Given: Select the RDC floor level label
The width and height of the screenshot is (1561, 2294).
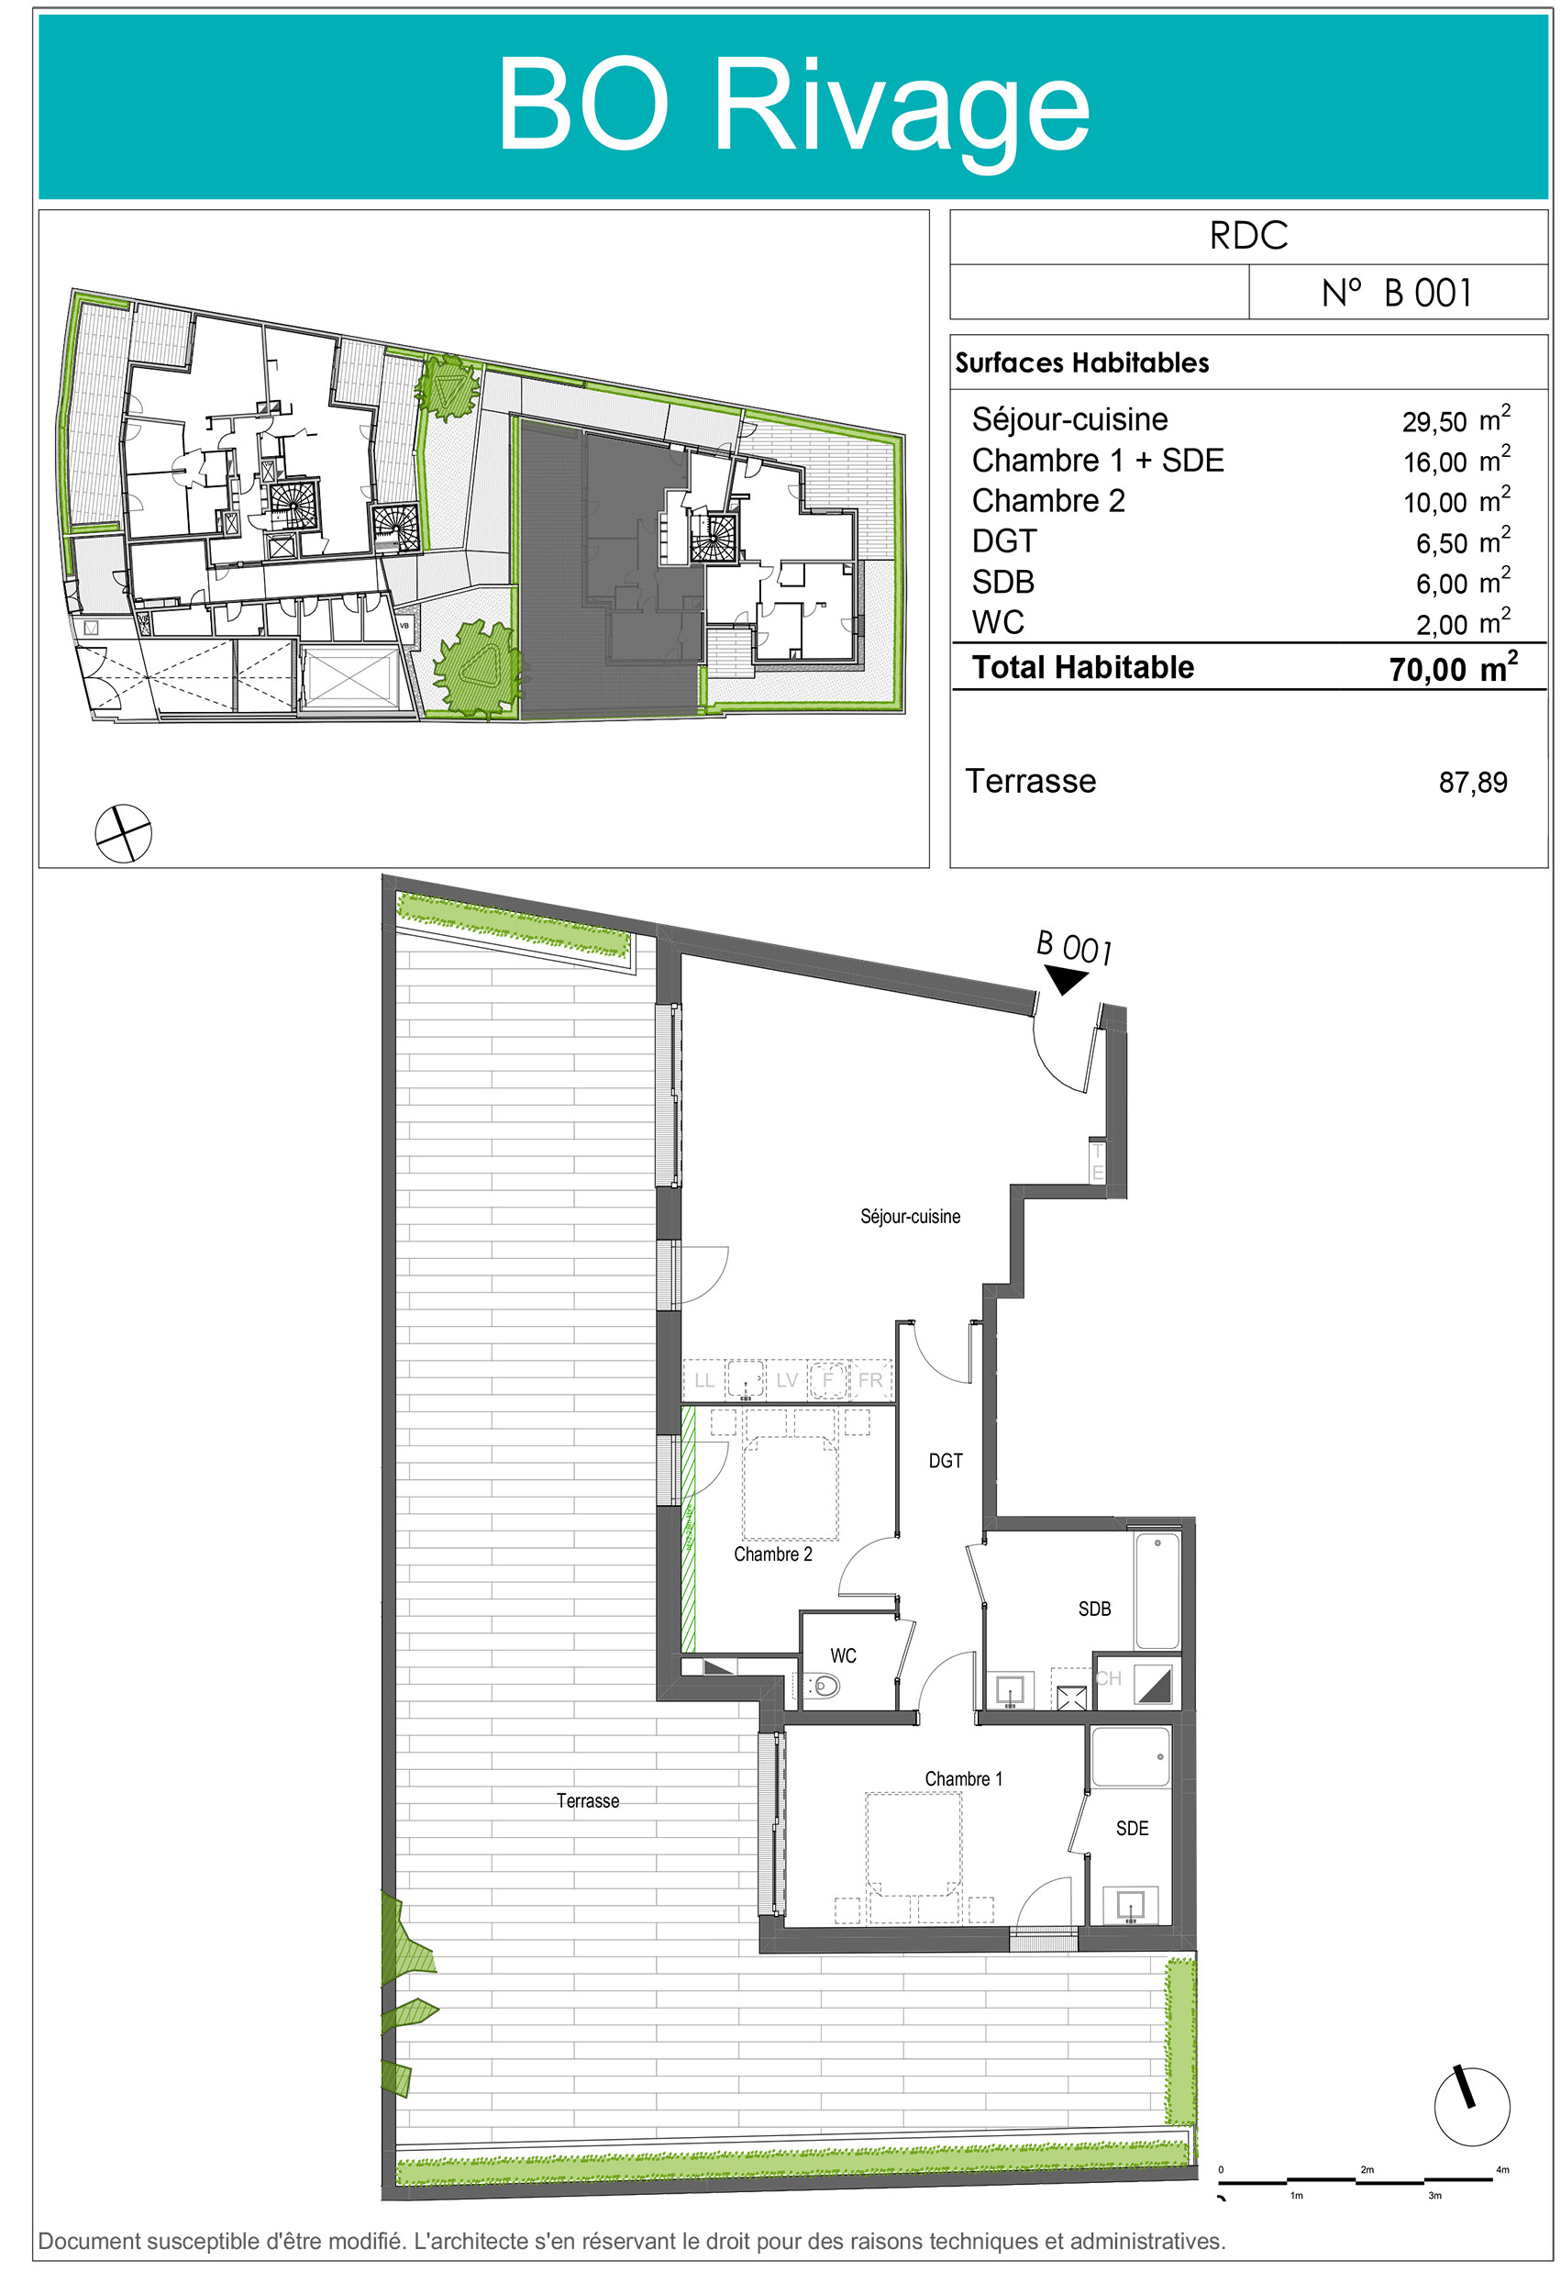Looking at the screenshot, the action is point(1248,236).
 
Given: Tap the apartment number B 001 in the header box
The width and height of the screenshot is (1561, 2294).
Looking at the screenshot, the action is point(1396,293).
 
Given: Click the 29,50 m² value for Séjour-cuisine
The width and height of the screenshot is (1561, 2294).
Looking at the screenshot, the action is point(1456,418).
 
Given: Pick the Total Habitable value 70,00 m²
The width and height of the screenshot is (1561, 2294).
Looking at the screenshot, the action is point(1453,667).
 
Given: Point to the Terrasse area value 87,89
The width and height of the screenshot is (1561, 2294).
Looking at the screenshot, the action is point(1472,783).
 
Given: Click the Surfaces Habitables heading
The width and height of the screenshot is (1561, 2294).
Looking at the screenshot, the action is point(1081,363).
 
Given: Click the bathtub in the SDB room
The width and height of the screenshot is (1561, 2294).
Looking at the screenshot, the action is point(1157,1590).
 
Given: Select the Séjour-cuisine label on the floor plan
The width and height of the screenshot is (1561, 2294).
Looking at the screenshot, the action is point(910,1217).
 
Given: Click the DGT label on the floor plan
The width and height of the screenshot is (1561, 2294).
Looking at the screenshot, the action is point(946,1461).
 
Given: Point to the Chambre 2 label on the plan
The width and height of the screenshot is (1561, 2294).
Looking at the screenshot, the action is point(772,1554).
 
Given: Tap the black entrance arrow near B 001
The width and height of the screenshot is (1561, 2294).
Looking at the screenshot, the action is point(1065,979).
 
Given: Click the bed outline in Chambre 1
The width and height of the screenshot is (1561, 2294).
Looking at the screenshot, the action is point(913,1843).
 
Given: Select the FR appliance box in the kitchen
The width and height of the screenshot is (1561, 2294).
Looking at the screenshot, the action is point(869,1379).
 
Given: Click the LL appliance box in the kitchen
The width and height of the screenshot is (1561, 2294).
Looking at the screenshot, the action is point(703,1379).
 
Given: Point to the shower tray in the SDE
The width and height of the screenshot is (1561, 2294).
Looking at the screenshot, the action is point(1130,1756).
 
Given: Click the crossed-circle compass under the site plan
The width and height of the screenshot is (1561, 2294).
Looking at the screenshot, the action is point(123,833).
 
